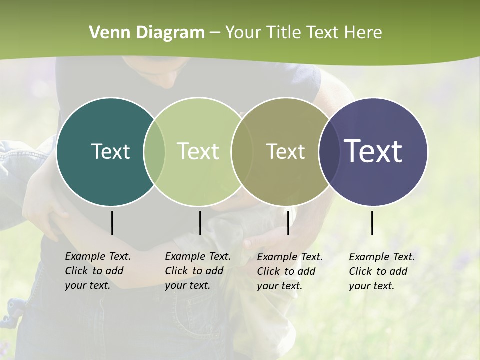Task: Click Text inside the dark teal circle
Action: pos(110,151)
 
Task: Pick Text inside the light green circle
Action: pos(198,151)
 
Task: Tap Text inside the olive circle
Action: pos(285,151)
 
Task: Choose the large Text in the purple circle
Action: pos(373,151)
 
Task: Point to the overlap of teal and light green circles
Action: pos(154,152)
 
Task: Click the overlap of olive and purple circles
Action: pos(328,152)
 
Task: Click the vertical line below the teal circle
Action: pos(112,223)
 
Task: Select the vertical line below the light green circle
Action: pos(200,223)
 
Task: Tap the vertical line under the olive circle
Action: pos(288,223)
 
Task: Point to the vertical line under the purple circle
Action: pos(372,223)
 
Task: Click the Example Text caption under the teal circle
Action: pos(98,271)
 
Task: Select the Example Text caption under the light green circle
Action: pos(198,271)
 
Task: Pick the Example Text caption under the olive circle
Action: pos(290,271)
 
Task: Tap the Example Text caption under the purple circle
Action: pos(382,271)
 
